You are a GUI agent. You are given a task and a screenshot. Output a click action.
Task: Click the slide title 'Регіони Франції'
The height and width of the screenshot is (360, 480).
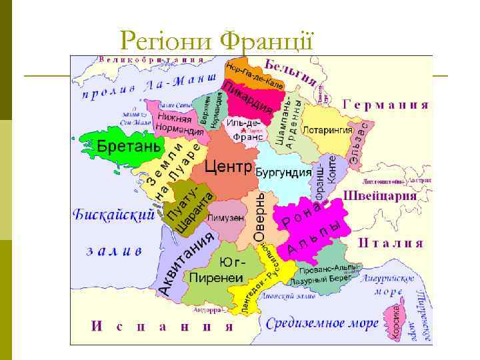click(217, 42)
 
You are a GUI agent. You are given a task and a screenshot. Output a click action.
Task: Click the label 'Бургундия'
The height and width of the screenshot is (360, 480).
click(283, 173)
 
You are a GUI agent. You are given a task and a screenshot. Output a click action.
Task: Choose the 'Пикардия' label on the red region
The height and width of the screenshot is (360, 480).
click(249, 99)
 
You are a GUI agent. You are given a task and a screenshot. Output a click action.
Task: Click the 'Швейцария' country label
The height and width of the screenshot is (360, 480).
click(381, 197)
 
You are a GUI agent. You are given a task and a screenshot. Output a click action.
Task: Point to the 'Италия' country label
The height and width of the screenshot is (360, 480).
click(391, 243)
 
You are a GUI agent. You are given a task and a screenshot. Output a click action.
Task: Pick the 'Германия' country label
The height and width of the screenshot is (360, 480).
click(385, 105)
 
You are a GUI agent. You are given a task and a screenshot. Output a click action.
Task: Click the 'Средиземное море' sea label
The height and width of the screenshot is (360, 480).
click(322, 324)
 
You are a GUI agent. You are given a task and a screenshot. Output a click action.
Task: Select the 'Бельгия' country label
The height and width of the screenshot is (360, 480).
click(289, 71)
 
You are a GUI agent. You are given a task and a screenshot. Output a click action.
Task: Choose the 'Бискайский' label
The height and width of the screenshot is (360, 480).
click(113, 215)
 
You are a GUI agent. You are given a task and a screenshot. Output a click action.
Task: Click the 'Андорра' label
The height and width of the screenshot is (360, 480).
click(207, 310)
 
